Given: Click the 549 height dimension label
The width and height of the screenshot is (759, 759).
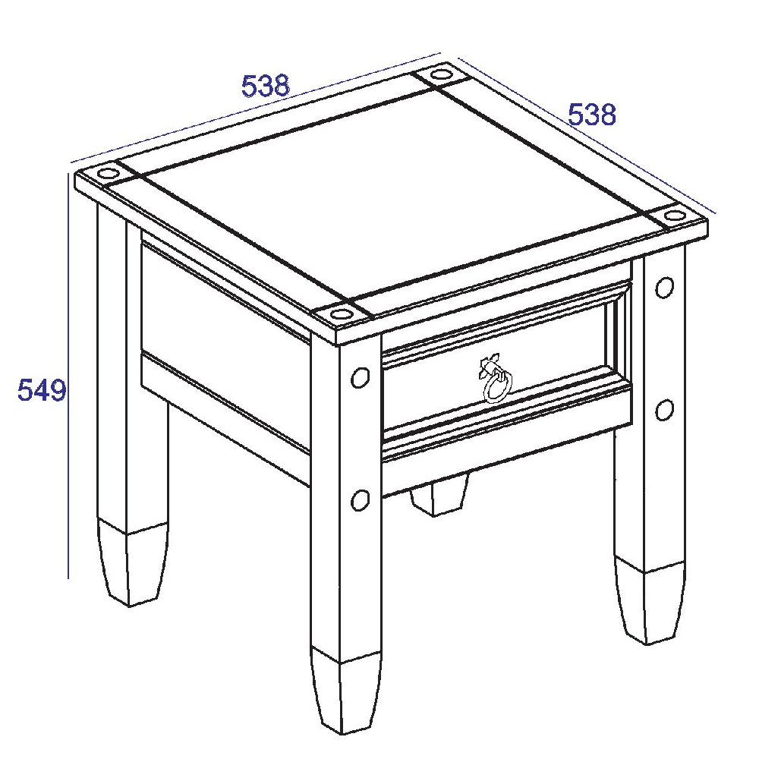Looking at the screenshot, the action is (42, 390).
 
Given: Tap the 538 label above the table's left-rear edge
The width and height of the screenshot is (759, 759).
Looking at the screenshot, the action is (266, 86).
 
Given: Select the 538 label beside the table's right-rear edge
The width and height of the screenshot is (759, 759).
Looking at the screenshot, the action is (591, 115).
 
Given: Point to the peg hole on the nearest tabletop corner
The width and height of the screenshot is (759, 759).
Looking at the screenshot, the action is (341, 313).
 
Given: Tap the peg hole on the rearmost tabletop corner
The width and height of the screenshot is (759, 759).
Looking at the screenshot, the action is (440, 74).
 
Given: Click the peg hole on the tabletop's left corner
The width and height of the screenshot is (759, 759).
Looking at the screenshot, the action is (108, 173).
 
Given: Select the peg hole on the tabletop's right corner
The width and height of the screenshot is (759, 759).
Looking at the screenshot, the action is (674, 215).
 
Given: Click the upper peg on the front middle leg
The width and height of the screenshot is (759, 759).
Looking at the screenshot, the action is (360, 377).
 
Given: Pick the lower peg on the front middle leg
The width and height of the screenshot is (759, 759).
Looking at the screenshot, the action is (360, 499).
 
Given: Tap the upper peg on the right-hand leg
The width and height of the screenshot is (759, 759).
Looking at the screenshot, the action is (665, 288).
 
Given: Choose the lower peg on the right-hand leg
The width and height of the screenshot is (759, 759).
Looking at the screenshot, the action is (665, 410).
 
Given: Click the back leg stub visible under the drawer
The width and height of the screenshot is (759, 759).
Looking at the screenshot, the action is (439, 495).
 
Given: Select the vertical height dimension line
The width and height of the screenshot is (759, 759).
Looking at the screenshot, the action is (68, 376).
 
